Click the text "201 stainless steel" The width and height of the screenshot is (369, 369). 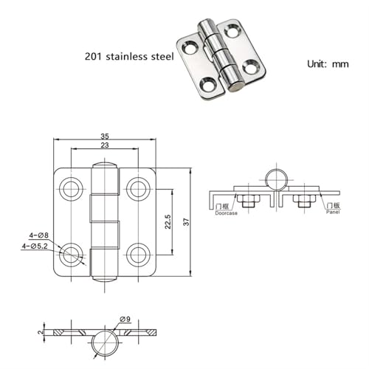pos(129,56)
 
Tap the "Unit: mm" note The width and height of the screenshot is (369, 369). pos(328,64)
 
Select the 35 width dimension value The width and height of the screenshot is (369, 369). pos(105,136)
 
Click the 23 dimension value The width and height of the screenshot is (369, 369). pos(105,145)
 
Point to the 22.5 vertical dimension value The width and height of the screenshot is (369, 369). pos(168,221)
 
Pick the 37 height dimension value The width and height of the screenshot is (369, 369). pos(187,222)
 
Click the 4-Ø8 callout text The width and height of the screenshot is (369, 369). pos(39,235)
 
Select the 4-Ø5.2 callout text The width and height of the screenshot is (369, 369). pos(35,246)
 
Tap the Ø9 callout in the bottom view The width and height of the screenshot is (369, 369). pos(125,320)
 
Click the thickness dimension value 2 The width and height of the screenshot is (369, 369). pos(41,332)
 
